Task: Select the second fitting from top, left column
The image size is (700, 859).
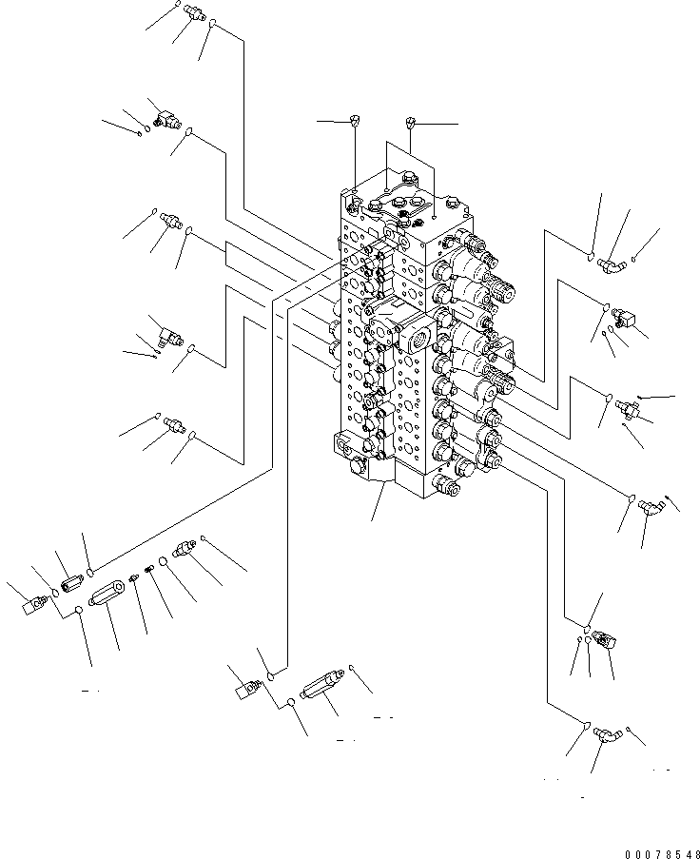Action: [x=165, y=117]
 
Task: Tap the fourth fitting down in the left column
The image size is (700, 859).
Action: [x=172, y=332]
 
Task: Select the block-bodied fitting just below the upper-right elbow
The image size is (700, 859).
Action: [x=624, y=316]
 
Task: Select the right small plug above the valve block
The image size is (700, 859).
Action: [x=411, y=122]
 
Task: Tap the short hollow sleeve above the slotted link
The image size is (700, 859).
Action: [x=72, y=578]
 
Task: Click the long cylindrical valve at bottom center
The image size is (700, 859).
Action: [x=321, y=688]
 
